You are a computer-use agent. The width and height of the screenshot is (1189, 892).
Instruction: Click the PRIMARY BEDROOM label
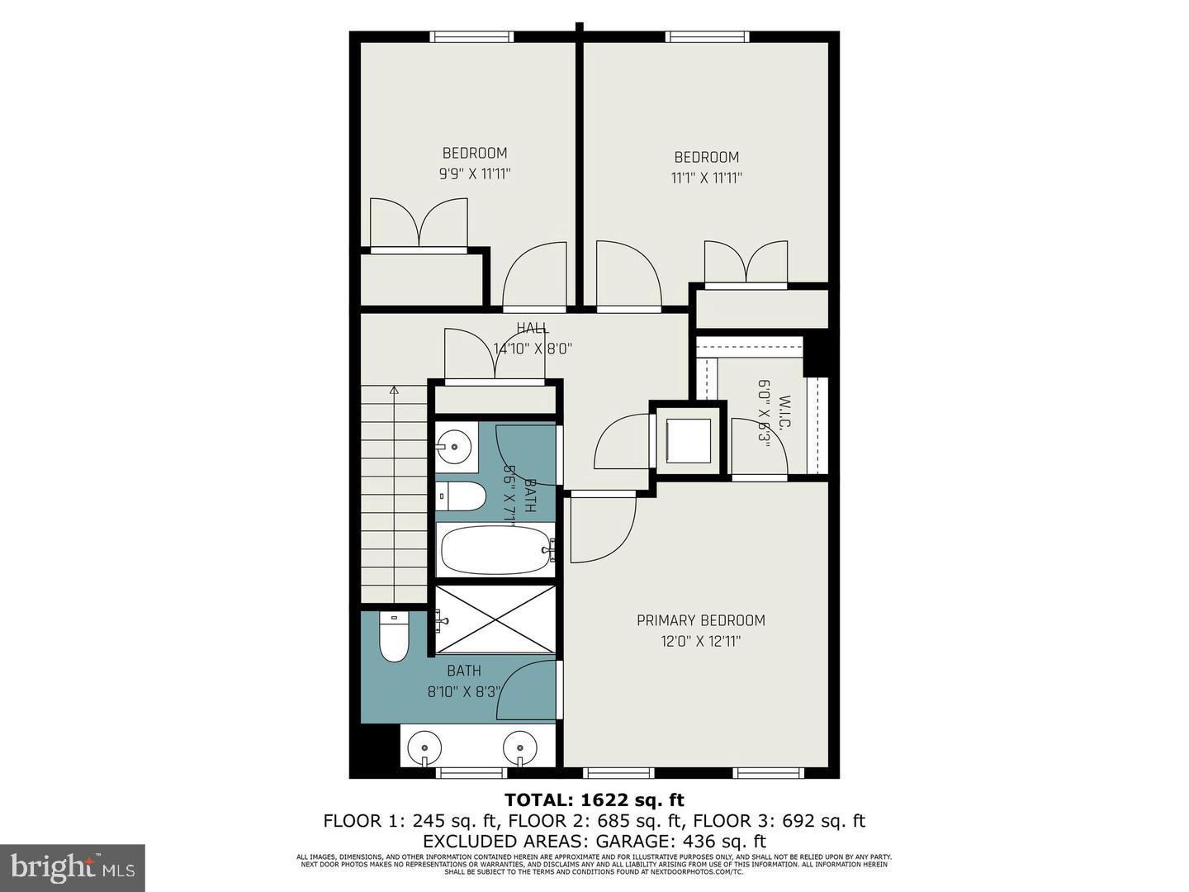pyautogui.click(x=700, y=620)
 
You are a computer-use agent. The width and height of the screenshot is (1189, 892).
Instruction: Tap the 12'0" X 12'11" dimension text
pyautogui.click(x=700, y=641)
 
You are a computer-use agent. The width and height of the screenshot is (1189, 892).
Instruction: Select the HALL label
pyautogui.click(x=533, y=329)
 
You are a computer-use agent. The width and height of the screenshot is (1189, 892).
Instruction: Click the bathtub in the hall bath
pyautogui.click(x=496, y=550)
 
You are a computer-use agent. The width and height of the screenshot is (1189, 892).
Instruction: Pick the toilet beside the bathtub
pyautogui.click(x=460, y=496)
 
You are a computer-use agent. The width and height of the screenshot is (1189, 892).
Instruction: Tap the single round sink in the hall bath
pyautogui.click(x=453, y=448)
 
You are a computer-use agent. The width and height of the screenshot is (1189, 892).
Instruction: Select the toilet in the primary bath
pyautogui.click(x=394, y=637)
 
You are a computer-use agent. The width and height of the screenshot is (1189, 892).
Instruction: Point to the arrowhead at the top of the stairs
pyautogui.click(x=394, y=388)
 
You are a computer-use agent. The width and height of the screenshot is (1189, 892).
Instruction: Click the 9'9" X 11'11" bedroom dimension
pyautogui.click(x=475, y=174)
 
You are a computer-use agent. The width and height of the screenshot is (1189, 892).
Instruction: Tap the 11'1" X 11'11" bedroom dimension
pyautogui.click(x=707, y=178)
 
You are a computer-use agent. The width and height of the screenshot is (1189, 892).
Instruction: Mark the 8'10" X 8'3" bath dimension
pyautogui.click(x=463, y=692)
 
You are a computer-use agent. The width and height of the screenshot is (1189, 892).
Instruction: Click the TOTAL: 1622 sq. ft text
pyautogui.click(x=594, y=799)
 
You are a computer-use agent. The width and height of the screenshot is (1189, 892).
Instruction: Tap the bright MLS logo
pyautogui.click(x=73, y=867)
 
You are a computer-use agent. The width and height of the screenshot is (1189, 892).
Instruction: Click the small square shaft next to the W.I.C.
pyautogui.click(x=688, y=441)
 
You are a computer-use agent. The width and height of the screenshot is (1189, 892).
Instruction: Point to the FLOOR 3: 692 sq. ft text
pyautogui.click(x=779, y=821)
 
